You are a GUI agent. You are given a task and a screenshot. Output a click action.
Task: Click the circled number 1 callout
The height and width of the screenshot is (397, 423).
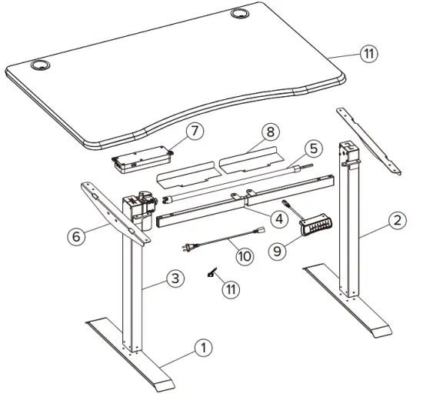(202, 348)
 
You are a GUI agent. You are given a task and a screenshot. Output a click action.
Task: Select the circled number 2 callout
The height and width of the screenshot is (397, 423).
(397, 221)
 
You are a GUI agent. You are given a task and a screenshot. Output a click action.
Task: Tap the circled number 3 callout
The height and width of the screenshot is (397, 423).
(176, 279)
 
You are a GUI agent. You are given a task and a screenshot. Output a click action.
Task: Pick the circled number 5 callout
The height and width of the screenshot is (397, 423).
(311, 147)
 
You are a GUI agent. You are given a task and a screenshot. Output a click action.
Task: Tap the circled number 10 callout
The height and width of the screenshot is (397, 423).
(243, 255)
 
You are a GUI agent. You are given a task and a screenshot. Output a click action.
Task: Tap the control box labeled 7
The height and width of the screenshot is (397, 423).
(141, 159)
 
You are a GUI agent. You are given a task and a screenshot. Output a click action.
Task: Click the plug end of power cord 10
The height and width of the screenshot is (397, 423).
(186, 248)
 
